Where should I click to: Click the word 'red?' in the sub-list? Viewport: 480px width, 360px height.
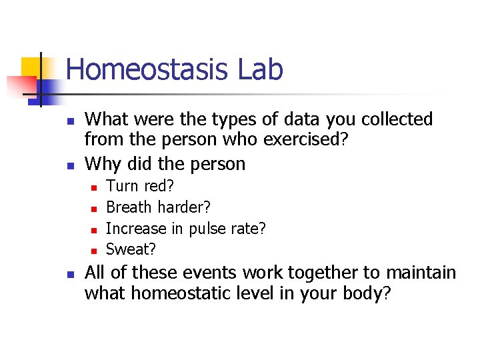click(x=159, y=186)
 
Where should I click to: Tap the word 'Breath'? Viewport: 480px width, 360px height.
click(x=129, y=207)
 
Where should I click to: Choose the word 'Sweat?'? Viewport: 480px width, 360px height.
click(x=131, y=249)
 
